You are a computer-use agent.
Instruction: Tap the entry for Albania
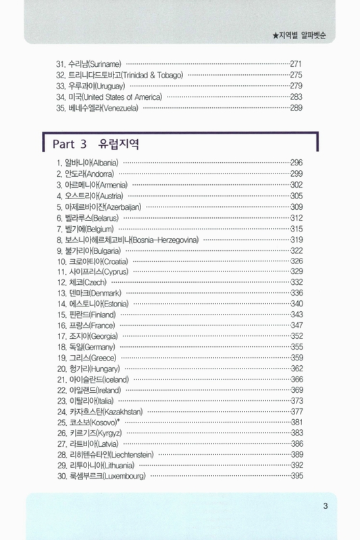point(87,163)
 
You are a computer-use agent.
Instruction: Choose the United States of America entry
point(108,97)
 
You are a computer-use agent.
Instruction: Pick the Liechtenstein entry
point(105,455)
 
